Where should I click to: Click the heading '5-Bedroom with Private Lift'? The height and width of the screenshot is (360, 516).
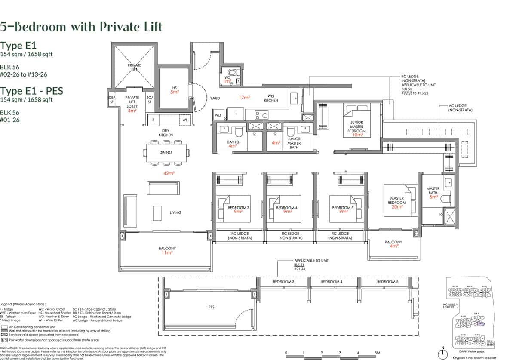81,27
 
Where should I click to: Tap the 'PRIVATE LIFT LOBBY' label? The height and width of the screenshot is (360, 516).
132,104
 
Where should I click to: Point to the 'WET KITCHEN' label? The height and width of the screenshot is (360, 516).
271,98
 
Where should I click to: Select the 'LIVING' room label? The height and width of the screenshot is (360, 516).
175,212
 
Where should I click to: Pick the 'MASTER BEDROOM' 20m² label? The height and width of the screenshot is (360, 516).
396,202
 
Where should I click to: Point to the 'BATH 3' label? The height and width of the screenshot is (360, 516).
233,143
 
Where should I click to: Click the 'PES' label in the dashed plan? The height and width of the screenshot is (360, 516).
211,307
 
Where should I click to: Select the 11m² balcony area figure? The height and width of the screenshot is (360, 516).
166,253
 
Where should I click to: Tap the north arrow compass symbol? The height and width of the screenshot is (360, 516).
442,353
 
